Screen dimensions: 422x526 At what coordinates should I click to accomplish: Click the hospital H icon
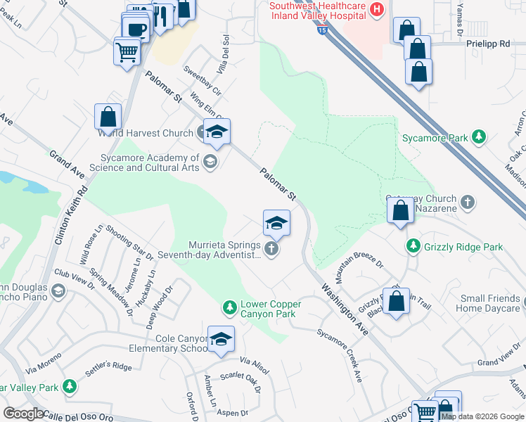click(x=378, y=10)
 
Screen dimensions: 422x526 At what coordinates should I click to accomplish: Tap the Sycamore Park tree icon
click(x=480, y=136)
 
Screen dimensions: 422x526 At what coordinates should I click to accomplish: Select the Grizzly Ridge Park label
click(x=463, y=247)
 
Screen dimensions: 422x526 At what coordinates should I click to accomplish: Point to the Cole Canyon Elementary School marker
click(x=221, y=340)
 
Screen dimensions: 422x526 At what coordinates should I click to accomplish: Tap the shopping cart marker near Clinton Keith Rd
click(x=127, y=51)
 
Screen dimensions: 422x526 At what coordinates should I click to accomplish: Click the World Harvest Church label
click(x=146, y=133)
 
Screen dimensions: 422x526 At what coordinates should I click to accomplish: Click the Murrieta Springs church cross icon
click(x=271, y=248)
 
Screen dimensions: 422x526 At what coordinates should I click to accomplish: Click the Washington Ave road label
click(x=345, y=309)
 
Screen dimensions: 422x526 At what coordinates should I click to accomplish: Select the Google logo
click(x=23, y=414)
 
